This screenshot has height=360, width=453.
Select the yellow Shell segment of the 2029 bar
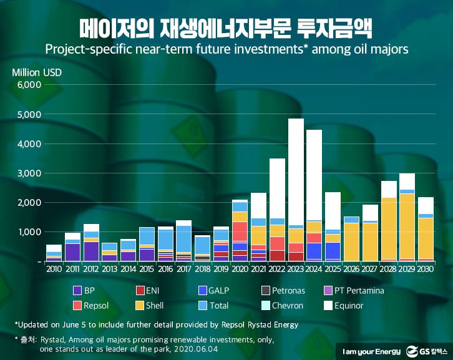click(x=407, y=225)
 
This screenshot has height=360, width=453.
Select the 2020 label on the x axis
click(x=240, y=269)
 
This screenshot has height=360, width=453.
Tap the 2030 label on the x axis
click(x=425, y=269)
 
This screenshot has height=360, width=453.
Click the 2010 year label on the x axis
click(x=54, y=269)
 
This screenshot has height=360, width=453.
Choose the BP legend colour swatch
click(x=78, y=290)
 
